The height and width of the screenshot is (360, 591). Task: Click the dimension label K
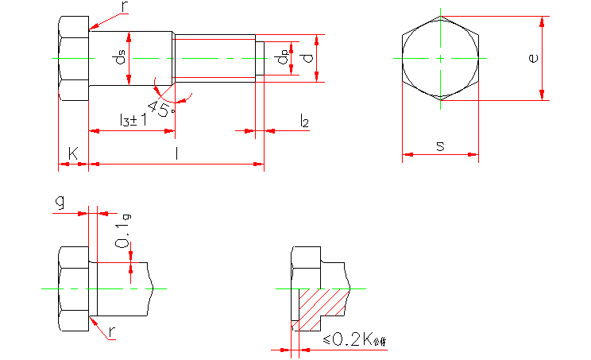pyautogui.click(x=73, y=151)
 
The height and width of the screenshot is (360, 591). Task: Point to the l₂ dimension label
pyautogui.click(x=304, y=120)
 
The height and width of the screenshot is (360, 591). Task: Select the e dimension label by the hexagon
pyautogui.click(x=534, y=57)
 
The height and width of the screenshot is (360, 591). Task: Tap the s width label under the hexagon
pyautogui.click(x=440, y=145)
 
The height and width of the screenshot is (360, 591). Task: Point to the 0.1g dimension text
pyautogui.click(x=122, y=234)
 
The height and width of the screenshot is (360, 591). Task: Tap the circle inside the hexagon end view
pyautogui.click(x=440, y=58)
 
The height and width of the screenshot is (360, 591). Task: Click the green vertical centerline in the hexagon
pyautogui.click(x=440, y=79)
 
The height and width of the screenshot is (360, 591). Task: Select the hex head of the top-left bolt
pyautogui.click(x=72, y=58)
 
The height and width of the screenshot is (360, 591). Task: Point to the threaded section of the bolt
pyautogui.click(x=214, y=57)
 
